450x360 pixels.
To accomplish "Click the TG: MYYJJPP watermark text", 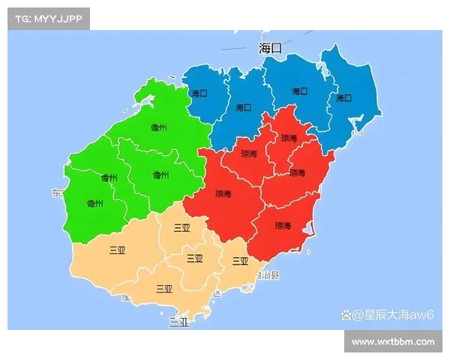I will [48, 18].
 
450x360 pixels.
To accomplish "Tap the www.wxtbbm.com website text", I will [393, 342].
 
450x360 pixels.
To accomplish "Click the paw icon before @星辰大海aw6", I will [346, 314].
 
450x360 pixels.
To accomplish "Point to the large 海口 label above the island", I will [271, 48].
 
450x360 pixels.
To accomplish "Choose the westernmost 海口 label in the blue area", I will [199, 94].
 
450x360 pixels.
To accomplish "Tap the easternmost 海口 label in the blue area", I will [343, 98].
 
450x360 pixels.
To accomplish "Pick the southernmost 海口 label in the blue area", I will [244, 107].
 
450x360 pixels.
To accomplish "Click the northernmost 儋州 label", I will [157, 127].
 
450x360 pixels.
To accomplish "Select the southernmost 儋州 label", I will [95, 203].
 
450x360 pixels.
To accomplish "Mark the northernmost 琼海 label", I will [289, 139].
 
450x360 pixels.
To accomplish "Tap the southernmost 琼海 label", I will [283, 225].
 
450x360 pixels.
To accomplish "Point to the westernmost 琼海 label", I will [223, 193].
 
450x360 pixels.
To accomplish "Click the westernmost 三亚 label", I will [117, 250].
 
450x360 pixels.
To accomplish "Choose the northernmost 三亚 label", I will [181, 228].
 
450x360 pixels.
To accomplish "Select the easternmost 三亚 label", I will [240, 261].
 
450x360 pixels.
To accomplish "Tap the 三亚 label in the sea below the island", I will [178, 323].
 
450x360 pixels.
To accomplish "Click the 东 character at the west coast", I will [57, 193].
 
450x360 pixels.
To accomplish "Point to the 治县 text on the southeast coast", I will [268, 275].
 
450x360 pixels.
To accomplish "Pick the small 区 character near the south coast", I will [217, 293].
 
